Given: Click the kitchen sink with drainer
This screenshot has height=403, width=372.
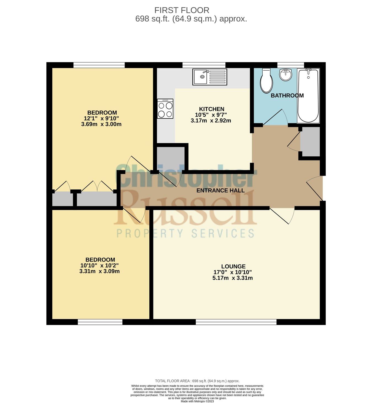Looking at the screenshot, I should pos(210,77).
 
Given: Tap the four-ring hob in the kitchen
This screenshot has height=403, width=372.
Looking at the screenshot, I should pos(165,109).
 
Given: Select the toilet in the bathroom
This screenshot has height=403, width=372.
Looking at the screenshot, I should pos(266,81).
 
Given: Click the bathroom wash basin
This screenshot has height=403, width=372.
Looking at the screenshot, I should pos(286,75).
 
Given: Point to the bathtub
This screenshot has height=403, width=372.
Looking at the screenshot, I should pos(308,95).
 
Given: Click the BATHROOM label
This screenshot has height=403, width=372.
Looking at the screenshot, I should pos(287,95).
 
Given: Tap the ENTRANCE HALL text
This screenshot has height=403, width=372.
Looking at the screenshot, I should pos(220,190).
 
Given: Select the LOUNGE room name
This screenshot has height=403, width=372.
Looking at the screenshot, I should pos(233,266).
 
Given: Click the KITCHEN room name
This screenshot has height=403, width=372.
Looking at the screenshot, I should pos(212,109).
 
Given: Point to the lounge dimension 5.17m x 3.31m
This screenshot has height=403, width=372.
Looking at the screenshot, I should pos(233,278).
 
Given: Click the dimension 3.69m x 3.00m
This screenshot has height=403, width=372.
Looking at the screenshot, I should pos(101,124).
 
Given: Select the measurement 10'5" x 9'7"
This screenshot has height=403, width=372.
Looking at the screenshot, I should pos(211,115).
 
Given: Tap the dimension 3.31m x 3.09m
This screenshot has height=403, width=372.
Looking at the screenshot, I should pos(99,271).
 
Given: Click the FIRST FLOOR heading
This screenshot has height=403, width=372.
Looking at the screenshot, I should pos(182,10).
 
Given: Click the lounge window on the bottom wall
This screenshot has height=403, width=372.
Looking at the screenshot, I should pos(236,322).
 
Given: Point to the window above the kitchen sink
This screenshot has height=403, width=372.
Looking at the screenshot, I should pos(204,65).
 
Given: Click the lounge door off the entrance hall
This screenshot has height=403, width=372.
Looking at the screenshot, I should pos(282,215).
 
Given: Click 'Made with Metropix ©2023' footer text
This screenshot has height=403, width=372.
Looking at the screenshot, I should pos(197,401).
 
